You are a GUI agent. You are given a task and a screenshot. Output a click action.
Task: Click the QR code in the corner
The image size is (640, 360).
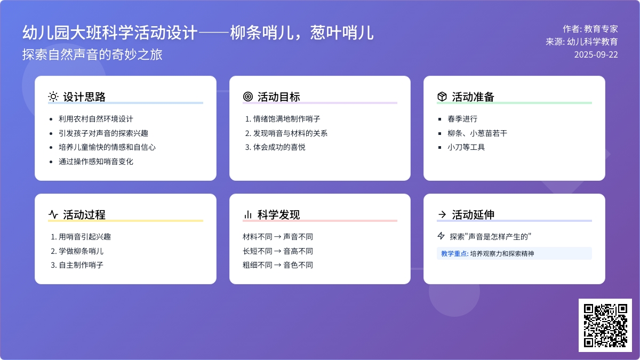605,325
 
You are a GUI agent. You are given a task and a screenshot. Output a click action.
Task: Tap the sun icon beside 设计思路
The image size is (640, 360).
53,97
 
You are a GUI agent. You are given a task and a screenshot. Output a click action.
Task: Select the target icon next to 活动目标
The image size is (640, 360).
247,97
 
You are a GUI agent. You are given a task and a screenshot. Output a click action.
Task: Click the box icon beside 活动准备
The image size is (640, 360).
442,97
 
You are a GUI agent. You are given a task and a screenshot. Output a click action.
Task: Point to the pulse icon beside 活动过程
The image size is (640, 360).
53,214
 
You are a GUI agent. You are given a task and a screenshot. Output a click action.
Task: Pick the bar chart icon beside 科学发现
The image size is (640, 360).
247,214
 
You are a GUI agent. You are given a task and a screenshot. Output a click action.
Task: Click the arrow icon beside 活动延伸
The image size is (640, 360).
442,214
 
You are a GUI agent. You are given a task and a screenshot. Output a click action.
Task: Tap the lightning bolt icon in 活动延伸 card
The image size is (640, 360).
441,236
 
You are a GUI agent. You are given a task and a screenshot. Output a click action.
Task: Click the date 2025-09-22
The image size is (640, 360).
596,54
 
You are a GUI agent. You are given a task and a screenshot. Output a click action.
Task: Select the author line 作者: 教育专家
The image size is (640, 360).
590,29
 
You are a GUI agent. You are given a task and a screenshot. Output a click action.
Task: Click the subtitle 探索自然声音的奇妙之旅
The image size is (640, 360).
92,54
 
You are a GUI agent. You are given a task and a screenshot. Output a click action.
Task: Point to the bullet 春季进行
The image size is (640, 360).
462,119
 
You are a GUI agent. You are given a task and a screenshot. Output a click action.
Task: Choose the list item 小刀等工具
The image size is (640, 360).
466,147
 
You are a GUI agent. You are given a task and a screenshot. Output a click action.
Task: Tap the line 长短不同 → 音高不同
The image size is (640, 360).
278,251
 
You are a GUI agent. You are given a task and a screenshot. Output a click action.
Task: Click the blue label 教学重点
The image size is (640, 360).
454,254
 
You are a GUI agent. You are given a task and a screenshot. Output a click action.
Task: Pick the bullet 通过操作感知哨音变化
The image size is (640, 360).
96,162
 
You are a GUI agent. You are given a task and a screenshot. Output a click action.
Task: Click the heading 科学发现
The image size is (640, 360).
278,214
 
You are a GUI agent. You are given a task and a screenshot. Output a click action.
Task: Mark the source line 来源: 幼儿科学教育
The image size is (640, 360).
582,42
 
